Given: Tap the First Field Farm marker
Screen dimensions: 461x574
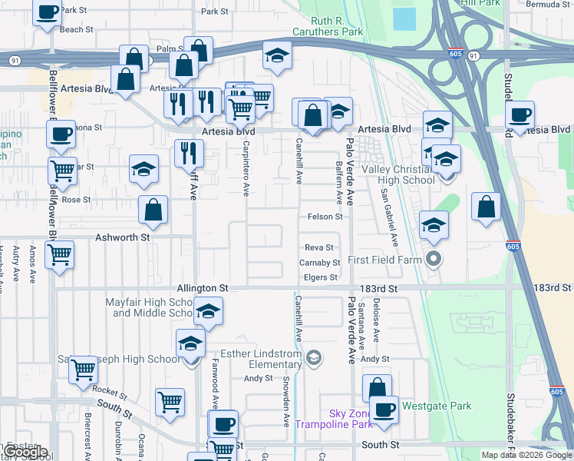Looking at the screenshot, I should tap(434, 260).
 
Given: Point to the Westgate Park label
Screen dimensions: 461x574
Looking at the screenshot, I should tap(436, 406).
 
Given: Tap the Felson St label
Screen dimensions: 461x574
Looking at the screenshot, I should tap(325, 217).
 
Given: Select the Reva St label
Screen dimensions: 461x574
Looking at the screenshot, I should tap(318, 247).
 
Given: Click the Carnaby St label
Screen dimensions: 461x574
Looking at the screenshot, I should tap(319, 263).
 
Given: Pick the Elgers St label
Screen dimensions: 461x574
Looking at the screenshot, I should tap(321, 277).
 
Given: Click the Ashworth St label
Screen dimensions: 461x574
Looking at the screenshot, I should tap(122, 238).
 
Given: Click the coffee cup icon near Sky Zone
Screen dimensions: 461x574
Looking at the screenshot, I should tap(384, 409).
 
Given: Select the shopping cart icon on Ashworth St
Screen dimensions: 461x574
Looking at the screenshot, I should tap(59, 254).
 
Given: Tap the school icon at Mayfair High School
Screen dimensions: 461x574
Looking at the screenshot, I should tap(206, 312).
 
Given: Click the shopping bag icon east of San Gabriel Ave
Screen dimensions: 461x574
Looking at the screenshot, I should tap(486, 207).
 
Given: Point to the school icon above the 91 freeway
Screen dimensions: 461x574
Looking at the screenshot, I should tap(277, 55).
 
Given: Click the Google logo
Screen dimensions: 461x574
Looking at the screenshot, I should tap(26, 452).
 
